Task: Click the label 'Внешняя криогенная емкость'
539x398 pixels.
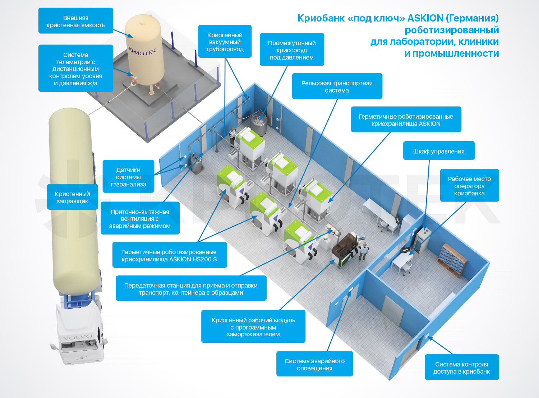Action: pyautogui.click(x=75, y=21)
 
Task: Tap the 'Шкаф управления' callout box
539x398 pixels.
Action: pyautogui.click(x=438, y=151)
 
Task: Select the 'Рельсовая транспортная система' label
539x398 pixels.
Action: pyautogui.click(x=337, y=86)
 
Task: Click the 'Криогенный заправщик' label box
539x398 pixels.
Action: pyautogui.click(x=72, y=197)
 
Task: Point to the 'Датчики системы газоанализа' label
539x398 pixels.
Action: pyautogui.click(x=128, y=177)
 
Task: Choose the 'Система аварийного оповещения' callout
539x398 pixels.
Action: pyautogui.click(x=314, y=364)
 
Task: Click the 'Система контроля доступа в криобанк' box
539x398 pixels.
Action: pyautogui.click(x=461, y=368)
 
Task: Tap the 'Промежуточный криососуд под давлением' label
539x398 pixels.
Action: pyautogui.click(x=292, y=50)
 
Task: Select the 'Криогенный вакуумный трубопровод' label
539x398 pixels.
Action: pyautogui.click(x=225, y=42)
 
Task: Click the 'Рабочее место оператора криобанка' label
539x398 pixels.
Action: pyautogui.click(x=469, y=186)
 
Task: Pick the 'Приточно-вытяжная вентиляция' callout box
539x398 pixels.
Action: pyautogui.click(x=140, y=218)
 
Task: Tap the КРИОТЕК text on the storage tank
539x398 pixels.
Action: pyautogui.click(x=142, y=52)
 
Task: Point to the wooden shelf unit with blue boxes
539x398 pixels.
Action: pyautogui.click(x=452, y=260)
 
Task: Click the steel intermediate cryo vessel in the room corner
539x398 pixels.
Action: pyautogui.click(x=259, y=124)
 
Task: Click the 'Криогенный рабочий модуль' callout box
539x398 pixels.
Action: pyautogui.click(x=253, y=327)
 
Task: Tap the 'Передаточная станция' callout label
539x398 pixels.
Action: pyautogui.click(x=191, y=289)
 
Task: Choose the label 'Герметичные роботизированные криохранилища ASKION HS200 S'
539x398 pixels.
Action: pyautogui.click(x=169, y=255)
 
